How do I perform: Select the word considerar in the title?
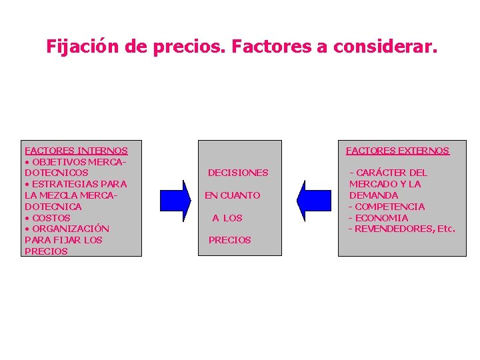384,47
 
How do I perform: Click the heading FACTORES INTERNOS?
75,151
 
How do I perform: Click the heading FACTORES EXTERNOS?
397,151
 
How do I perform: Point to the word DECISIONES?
238,173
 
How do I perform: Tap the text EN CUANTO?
232,195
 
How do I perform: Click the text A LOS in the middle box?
227,218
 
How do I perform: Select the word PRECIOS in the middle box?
230,240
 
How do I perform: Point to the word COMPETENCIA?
390,207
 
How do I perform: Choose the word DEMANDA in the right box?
374,195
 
